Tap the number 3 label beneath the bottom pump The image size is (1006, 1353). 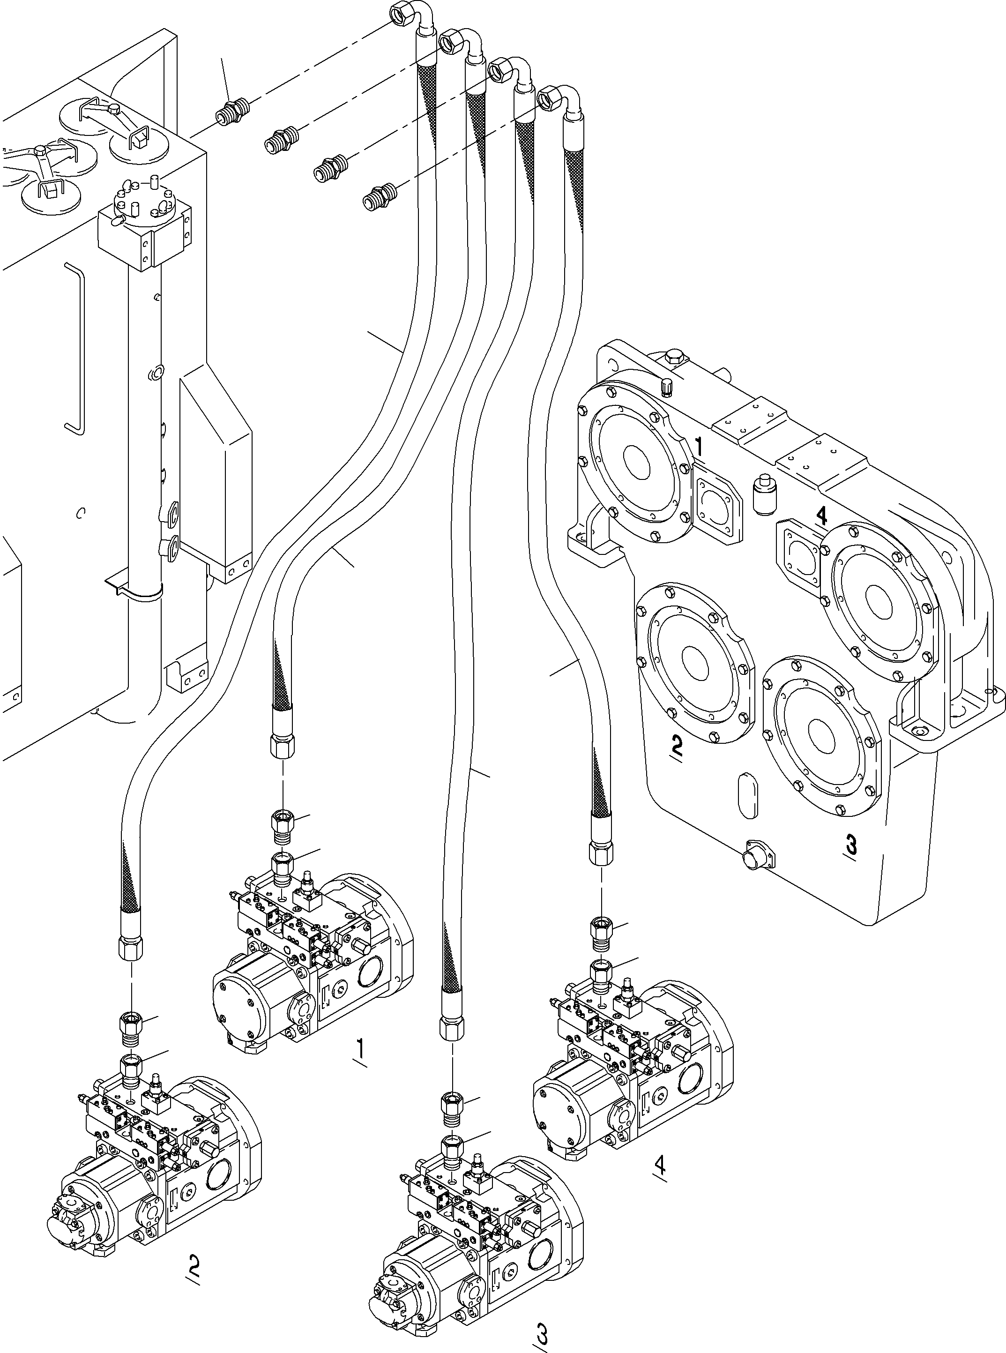tap(541, 1331)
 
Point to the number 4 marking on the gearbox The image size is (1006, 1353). tap(821, 516)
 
